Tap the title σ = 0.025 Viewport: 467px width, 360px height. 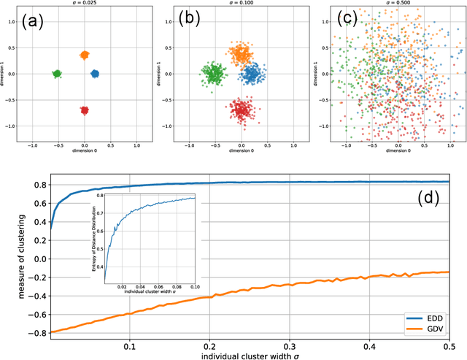84,5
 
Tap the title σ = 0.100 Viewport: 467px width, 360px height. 242,5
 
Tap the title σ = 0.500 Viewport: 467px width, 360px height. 399,5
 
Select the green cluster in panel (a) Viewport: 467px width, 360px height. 57,74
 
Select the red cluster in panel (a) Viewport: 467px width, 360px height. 84,110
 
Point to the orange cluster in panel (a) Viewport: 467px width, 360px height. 84,55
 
